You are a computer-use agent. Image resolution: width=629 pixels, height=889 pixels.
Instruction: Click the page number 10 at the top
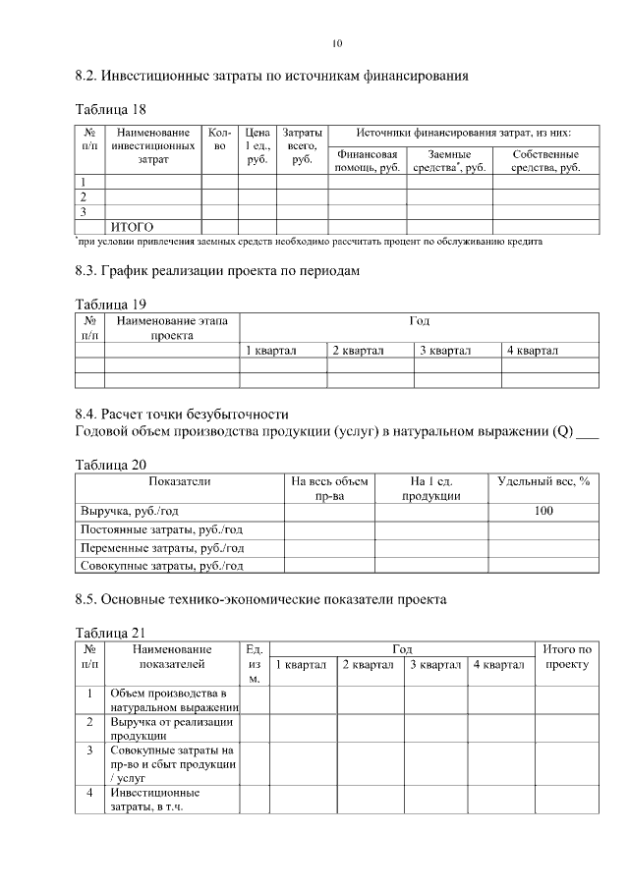(x=337, y=43)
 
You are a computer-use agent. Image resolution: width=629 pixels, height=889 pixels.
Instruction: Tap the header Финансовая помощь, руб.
(x=367, y=161)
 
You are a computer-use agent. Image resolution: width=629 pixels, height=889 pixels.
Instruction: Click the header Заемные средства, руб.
(x=449, y=161)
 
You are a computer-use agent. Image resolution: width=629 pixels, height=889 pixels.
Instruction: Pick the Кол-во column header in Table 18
(x=219, y=139)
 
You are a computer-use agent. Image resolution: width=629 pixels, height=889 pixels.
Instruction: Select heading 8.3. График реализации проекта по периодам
(x=224, y=270)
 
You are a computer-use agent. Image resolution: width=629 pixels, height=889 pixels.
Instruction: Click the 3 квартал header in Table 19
(x=445, y=350)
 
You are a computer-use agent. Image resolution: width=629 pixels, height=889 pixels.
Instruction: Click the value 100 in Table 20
(x=543, y=511)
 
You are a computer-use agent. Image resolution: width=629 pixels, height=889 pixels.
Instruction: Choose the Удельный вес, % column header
(x=543, y=481)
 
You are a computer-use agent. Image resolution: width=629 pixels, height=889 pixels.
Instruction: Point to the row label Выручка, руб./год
(x=133, y=511)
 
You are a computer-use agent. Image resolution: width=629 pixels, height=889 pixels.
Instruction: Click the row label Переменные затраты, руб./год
(x=161, y=548)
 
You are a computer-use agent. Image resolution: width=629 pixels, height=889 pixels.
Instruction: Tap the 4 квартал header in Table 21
(x=499, y=665)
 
